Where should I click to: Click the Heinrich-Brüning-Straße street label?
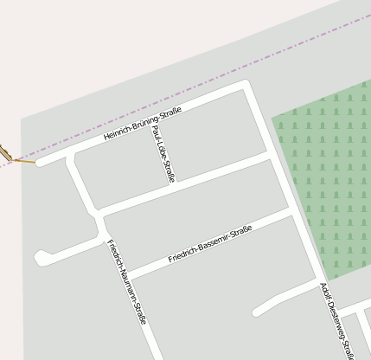[142, 125]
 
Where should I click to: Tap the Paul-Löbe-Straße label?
[163, 154]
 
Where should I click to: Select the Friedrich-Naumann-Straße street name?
[127, 282]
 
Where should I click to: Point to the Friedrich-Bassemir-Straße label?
[209, 244]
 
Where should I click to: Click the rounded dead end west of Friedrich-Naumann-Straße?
[41, 257]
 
